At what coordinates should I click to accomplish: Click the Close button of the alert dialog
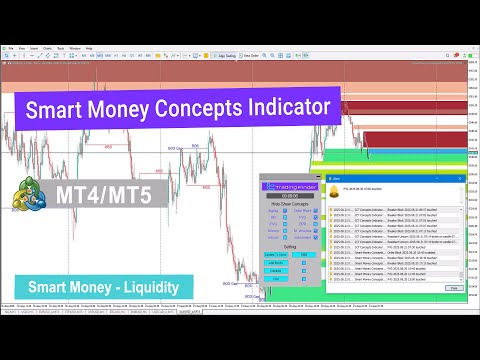coord(453,287)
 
